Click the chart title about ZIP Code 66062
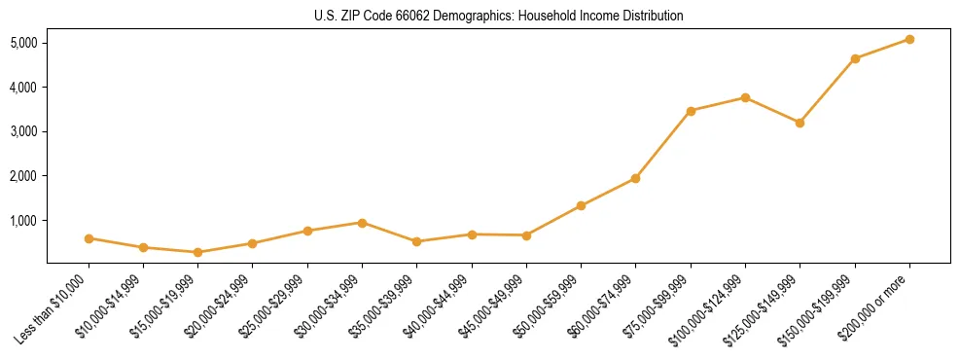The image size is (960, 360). pyautogui.click(x=499, y=17)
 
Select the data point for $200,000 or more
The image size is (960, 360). pyautogui.click(x=909, y=39)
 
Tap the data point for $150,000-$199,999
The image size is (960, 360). pyautogui.click(x=855, y=58)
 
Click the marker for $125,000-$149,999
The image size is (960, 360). pyautogui.click(x=800, y=123)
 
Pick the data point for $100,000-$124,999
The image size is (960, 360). pyautogui.click(x=745, y=97)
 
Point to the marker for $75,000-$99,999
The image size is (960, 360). pyautogui.click(x=691, y=111)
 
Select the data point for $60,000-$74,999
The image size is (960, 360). pyautogui.click(x=635, y=178)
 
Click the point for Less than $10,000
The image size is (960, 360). pyautogui.click(x=89, y=238)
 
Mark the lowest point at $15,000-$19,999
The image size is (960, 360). pyautogui.click(x=197, y=252)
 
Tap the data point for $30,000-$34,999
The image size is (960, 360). pyautogui.click(x=362, y=223)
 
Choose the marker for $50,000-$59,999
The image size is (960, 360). pyautogui.click(x=581, y=205)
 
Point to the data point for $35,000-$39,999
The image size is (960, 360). pyautogui.click(x=416, y=241)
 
